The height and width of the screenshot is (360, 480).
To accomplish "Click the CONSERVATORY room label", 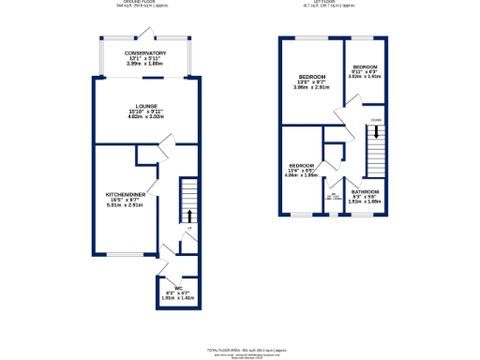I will click(145, 53).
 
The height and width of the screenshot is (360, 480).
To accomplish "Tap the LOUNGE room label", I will click(145, 106).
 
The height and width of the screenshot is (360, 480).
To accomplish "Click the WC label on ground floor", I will click(171, 288).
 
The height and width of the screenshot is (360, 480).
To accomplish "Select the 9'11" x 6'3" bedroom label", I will click(366, 67).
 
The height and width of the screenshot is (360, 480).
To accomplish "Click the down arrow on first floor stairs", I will click(375, 134).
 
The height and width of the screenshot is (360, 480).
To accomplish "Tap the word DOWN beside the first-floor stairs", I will click(375, 121).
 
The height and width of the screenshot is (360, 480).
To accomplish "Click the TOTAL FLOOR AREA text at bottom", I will click(240, 349).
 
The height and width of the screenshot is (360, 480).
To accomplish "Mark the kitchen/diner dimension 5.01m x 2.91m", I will click(123, 203).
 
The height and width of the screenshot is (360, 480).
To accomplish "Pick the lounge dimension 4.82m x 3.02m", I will click(145, 117).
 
